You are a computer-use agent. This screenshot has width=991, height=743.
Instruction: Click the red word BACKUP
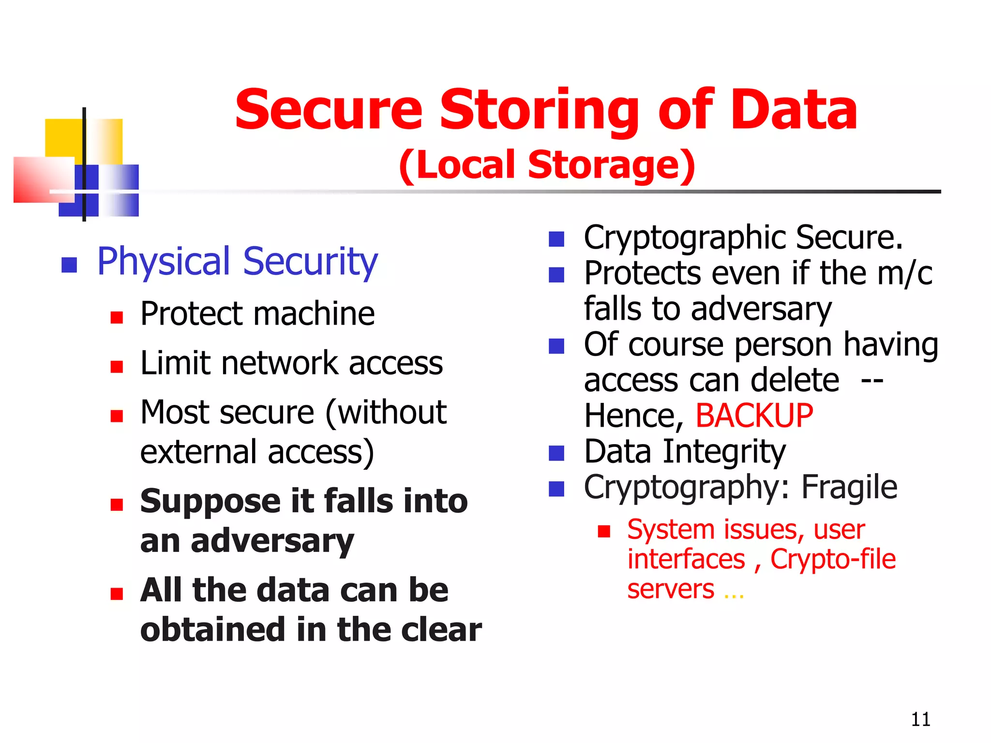pos(754,416)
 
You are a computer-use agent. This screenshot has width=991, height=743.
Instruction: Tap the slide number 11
pos(920,719)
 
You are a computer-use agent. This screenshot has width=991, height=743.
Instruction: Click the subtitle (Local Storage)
pos(547,165)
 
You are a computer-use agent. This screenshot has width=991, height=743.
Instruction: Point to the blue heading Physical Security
pos(237,262)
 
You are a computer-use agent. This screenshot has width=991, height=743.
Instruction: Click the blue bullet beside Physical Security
pos(70,265)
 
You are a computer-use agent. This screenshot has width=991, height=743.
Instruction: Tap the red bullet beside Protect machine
pos(117,317)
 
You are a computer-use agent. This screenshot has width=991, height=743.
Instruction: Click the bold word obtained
pos(212,629)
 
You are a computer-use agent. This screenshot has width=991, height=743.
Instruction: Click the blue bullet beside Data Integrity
pos(556,453)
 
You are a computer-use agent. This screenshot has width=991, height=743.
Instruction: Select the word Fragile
pos(849,487)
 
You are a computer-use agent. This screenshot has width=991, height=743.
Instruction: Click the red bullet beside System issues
pos(604,532)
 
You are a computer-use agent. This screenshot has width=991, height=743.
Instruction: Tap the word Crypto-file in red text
pos(833,559)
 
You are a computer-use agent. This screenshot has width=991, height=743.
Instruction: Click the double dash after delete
pos(872,381)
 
